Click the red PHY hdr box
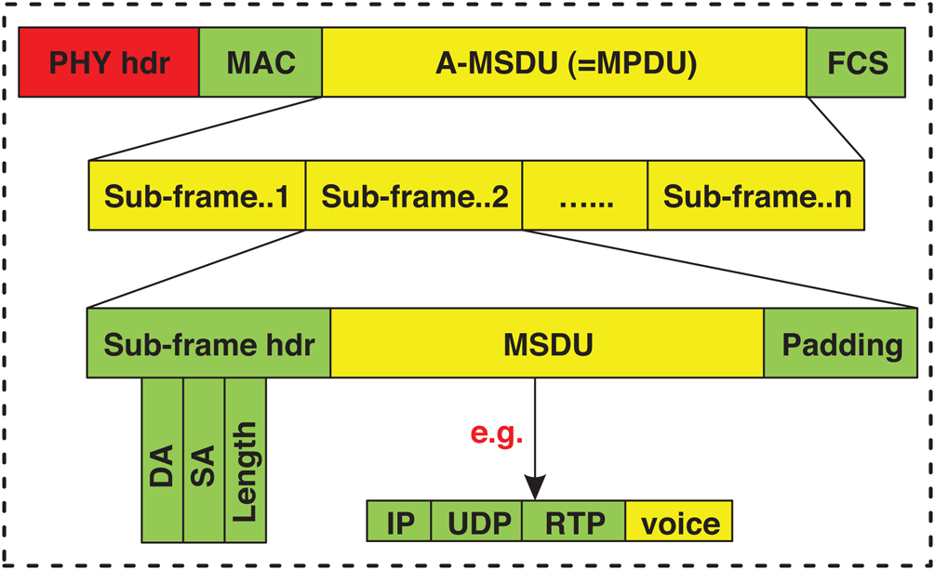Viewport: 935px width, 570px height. (109, 62)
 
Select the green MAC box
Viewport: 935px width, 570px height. (260, 62)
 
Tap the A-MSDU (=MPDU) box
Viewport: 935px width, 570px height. (565, 62)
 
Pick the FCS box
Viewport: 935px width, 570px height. (856, 62)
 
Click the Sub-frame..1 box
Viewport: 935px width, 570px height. (196, 195)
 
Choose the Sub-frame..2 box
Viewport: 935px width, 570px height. (414, 195)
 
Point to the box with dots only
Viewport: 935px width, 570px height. (584, 195)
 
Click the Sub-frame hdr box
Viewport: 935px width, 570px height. (208, 343)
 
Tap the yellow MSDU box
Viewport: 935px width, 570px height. (547, 343)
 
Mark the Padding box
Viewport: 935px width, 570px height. (841, 343)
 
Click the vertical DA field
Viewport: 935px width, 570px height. (163, 459)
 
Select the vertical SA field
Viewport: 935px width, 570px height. (204, 459)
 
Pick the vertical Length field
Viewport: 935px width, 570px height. (246, 459)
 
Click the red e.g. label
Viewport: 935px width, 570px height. (497, 432)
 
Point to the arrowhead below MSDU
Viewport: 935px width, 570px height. (535, 488)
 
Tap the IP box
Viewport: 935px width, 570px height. (400, 522)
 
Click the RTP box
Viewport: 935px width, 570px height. (574, 522)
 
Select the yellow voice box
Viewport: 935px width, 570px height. (679, 522)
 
